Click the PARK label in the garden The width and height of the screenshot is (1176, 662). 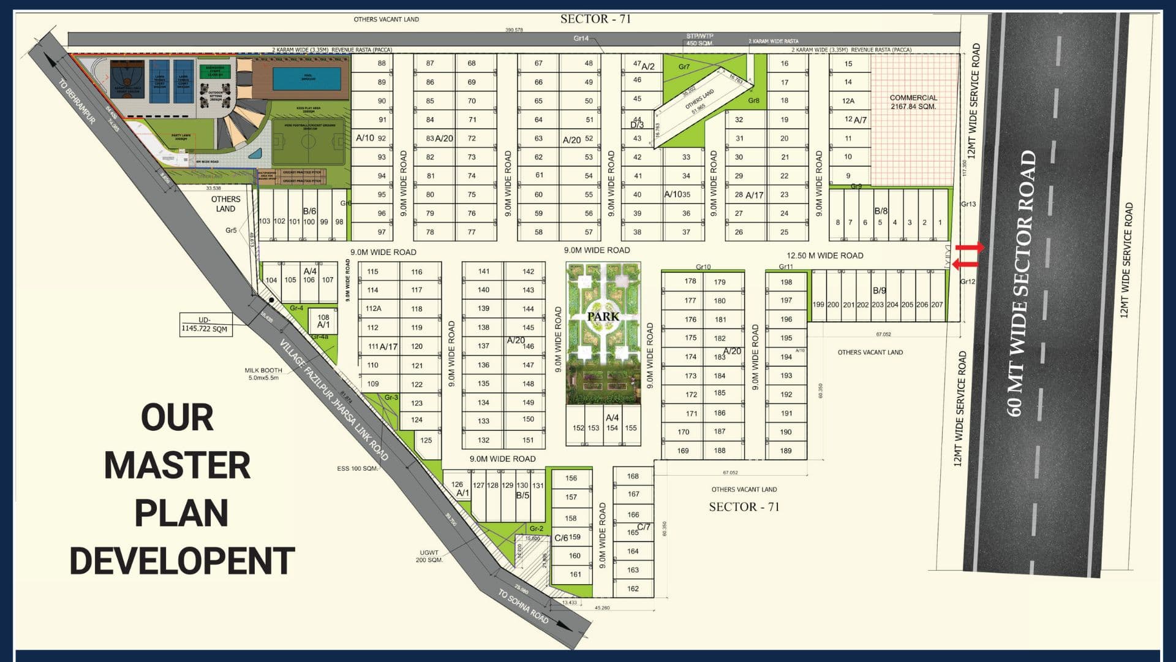603,317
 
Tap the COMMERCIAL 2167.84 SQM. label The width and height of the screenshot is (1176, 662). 913,102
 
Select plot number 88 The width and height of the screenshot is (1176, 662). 382,63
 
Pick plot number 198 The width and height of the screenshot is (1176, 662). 786,282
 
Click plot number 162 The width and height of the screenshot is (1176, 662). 633,588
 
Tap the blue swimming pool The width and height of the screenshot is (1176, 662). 306,78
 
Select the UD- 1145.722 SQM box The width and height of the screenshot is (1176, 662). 205,324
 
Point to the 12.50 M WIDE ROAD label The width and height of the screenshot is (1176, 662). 824,256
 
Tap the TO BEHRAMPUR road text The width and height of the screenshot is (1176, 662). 77,101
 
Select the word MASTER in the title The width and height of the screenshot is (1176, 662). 178,465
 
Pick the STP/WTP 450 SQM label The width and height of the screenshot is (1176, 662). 699,40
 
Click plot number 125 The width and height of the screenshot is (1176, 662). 426,440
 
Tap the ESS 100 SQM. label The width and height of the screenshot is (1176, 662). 357,468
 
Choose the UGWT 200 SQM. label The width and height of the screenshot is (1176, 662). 429,556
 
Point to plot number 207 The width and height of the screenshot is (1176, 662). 937,305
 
